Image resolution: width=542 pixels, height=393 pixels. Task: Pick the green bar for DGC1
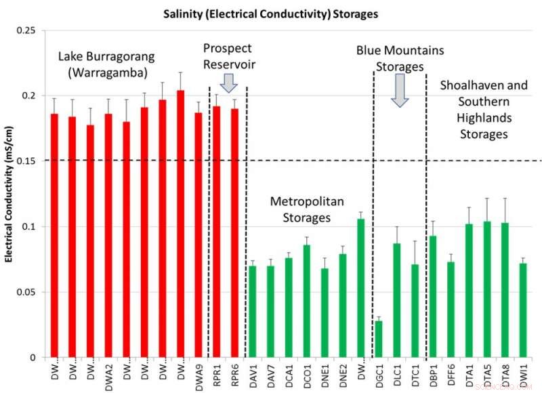(379, 339)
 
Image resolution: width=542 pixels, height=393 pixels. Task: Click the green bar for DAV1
(252, 312)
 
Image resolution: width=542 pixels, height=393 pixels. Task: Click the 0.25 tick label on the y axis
(28, 30)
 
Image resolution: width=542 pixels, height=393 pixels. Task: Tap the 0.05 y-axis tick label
(28, 292)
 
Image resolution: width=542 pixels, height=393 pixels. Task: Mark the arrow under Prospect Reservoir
(228, 83)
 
